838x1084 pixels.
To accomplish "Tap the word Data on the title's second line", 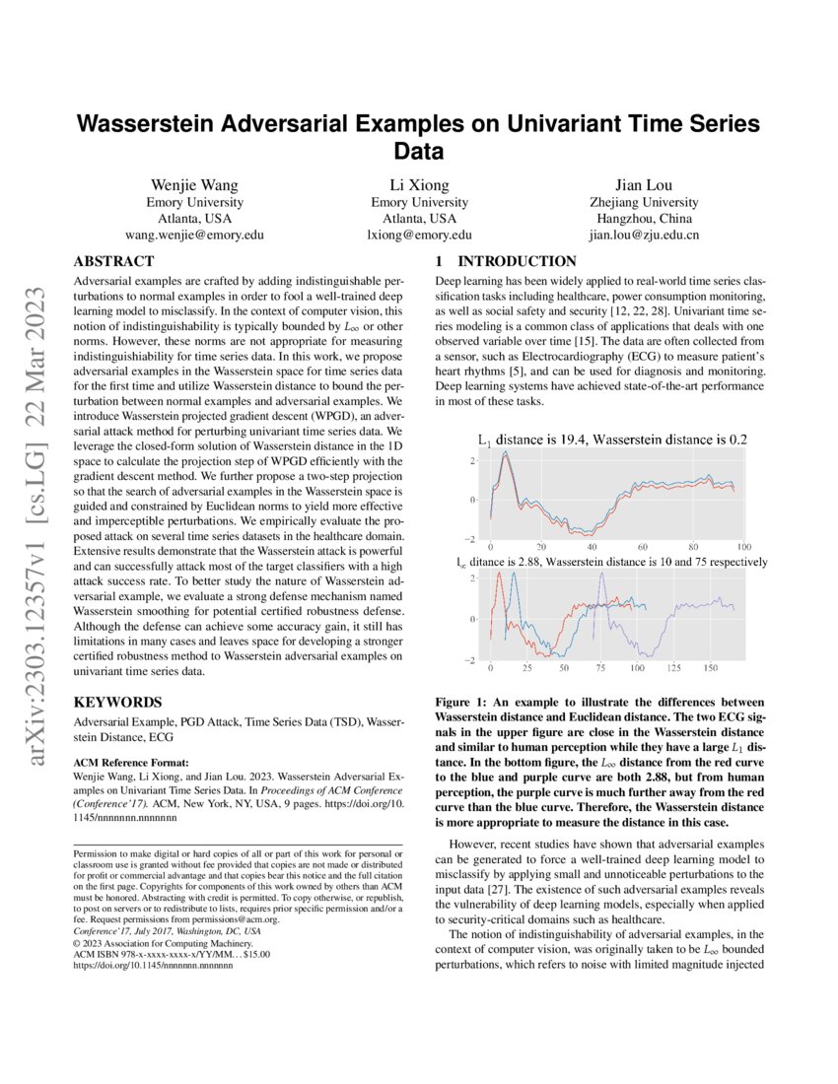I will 418,152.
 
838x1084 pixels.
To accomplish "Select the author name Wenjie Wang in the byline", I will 193,185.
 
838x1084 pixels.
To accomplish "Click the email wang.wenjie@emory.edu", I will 193,236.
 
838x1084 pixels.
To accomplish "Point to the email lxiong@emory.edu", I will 420,236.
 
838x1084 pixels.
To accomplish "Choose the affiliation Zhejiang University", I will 643,202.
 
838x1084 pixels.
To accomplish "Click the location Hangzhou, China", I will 643,219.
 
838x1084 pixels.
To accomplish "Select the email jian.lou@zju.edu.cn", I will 643,236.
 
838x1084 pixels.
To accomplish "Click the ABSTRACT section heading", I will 114,262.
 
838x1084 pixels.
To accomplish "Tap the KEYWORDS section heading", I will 115,703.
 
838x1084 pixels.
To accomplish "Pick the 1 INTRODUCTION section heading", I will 506,262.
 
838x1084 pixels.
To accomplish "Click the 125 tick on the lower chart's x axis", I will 673,668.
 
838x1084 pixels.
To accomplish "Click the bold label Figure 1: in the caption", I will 464,702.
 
